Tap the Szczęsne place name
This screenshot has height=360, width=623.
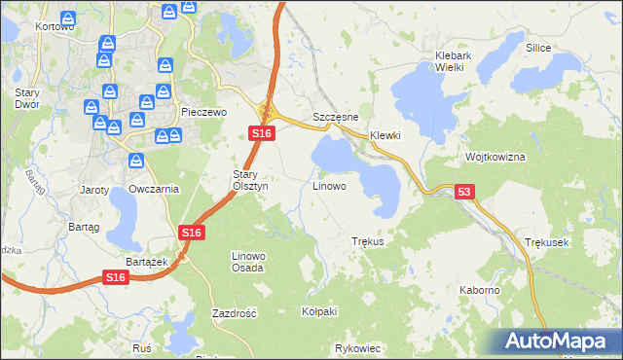click(x=335, y=117)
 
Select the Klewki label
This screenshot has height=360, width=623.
click(x=385, y=135)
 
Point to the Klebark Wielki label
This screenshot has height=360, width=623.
click(x=454, y=61)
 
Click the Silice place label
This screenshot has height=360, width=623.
click(x=538, y=48)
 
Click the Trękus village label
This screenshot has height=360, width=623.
click(x=368, y=241)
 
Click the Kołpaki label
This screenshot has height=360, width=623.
click(x=319, y=311)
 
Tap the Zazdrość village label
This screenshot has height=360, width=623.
click(x=234, y=313)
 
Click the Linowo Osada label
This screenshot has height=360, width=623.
click(x=247, y=261)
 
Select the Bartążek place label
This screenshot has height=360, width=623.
click(x=148, y=262)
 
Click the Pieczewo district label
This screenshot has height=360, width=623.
click(x=204, y=113)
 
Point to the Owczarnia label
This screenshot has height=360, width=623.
click(x=154, y=189)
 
